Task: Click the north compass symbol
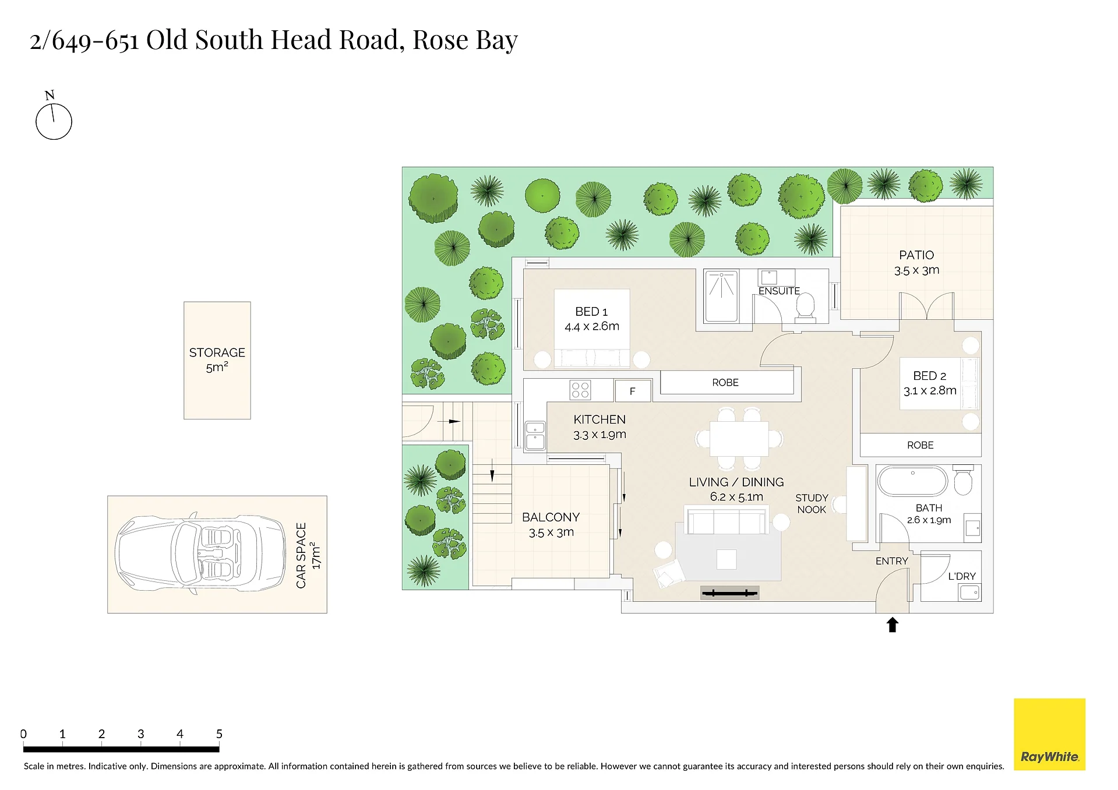coord(54,121)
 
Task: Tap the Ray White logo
coord(1049,734)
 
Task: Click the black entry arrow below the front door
coord(892,625)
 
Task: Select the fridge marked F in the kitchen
coord(633,391)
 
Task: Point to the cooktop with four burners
coord(580,390)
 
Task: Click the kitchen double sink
coord(535,436)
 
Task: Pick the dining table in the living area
coord(739,439)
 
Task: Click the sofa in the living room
coord(727,520)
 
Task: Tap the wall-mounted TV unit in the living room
coord(729,593)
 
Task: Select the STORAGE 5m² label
coord(217,360)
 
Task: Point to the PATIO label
coord(916,255)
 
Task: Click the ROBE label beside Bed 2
coord(921,445)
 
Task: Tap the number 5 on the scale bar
coord(219,734)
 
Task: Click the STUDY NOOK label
coord(812,504)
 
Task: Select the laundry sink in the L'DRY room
coord(969,593)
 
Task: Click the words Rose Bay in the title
coord(465,40)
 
